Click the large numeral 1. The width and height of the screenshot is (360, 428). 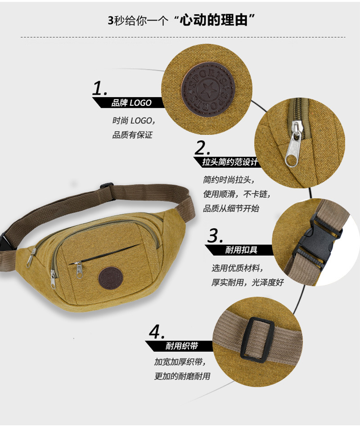pyautogui.click(x=100, y=88)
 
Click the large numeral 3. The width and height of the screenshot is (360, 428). pyautogui.click(x=215, y=235)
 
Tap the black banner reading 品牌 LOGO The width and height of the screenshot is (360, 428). pyautogui.click(x=128, y=103)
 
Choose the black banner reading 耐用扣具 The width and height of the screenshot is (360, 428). pyautogui.click(x=239, y=250)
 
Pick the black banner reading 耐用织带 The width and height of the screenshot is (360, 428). pyautogui.click(x=179, y=346)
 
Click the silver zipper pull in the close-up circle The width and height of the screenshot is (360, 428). pyautogui.click(x=294, y=144)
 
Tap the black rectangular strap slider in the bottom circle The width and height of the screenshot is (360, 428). pyautogui.click(x=257, y=340)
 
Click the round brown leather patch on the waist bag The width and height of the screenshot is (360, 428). pyautogui.click(x=111, y=278)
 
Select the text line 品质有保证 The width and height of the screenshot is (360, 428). pyautogui.click(x=132, y=135)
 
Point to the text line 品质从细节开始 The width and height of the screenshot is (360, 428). pyautogui.click(x=231, y=209)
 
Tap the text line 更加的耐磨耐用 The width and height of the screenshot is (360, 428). pyautogui.click(x=182, y=376)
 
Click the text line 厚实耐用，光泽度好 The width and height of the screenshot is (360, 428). pyautogui.click(x=248, y=282)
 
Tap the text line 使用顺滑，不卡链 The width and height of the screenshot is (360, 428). pyautogui.click(x=237, y=194)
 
